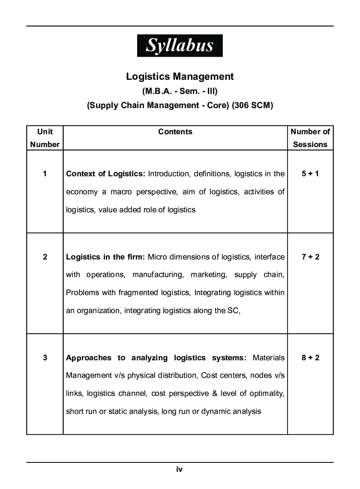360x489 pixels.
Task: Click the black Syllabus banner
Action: click(x=180, y=45)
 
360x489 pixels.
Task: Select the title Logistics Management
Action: click(x=180, y=76)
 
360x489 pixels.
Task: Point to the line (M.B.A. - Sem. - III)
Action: click(x=180, y=91)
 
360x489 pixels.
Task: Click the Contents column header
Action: click(x=175, y=132)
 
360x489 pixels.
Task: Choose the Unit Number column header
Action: click(x=45, y=138)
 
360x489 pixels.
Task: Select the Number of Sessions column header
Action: click(x=310, y=138)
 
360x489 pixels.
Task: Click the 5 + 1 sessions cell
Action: click(x=310, y=174)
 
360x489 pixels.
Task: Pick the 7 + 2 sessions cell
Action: click(x=310, y=257)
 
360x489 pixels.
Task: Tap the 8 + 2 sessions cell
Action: click(x=310, y=357)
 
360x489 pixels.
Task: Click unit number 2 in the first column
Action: click(x=45, y=257)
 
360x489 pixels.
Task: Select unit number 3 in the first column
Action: click(x=45, y=357)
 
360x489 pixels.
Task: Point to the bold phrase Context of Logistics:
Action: click(x=105, y=174)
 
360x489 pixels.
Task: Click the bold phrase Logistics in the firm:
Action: click(x=105, y=257)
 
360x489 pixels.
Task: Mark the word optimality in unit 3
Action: click(x=266, y=393)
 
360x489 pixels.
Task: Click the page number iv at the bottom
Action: click(x=180, y=469)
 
